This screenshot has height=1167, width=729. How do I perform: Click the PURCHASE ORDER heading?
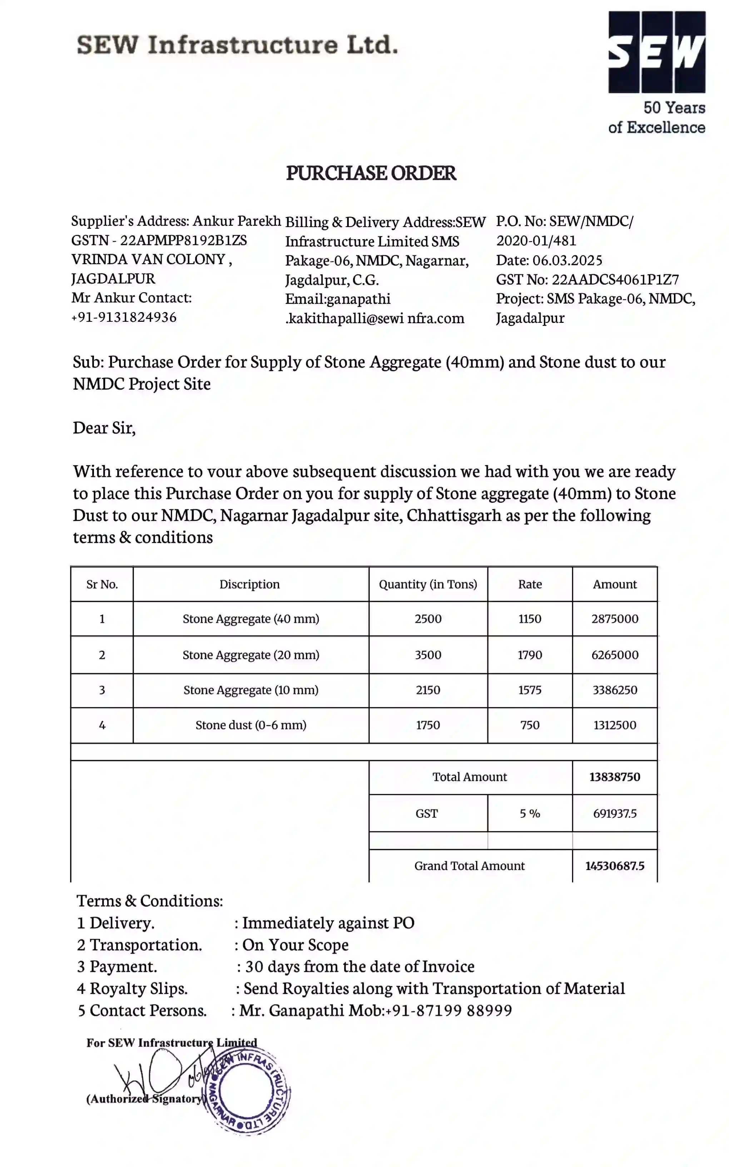tap(371, 173)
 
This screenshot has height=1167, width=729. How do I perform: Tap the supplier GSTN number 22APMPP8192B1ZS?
tap(183, 240)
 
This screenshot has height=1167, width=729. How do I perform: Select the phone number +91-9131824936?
tap(124, 317)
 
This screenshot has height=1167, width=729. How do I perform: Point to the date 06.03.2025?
tap(567, 260)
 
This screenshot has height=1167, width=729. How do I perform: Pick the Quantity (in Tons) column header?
tap(428, 585)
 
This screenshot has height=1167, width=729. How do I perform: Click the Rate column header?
tap(530, 585)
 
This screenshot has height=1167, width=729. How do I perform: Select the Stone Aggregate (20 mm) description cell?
tap(251, 655)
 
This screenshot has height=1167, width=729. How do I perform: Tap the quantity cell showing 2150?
tap(428, 690)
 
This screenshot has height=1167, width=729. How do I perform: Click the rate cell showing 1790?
tap(530, 655)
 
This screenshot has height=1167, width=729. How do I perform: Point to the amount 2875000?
tap(615, 619)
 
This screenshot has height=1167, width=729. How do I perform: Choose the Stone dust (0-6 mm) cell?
tap(251, 725)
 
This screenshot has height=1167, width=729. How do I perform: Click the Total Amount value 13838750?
tap(615, 777)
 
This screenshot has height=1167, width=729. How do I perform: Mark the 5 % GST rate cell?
tap(530, 813)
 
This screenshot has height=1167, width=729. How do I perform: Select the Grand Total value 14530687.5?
tap(615, 866)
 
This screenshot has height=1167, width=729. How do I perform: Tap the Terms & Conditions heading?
tap(149, 901)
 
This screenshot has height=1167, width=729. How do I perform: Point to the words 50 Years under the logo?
tap(674, 108)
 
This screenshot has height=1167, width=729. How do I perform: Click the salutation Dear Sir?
tap(104, 428)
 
